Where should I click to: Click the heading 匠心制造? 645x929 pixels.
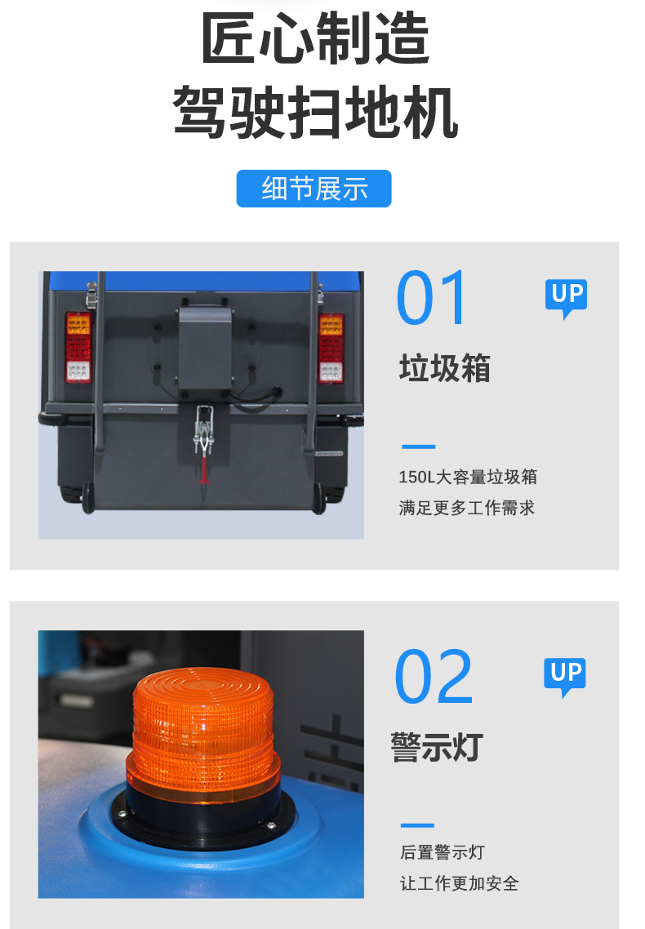pyautogui.click(x=315, y=38)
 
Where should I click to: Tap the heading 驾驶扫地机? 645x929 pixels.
pyautogui.click(x=315, y=112)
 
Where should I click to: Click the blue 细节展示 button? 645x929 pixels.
pyautogui.click(x=314, y=189)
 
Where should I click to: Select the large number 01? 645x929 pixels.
pyautogui.click(x=432, y=297)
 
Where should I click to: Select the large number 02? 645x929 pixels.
pyautogui.click(x=434, y=676)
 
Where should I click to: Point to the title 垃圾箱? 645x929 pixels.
pyautogui.click(x=445, y=368)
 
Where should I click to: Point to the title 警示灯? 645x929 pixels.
pyautogui.click(x=437, y=747)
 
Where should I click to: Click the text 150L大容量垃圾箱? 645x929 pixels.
pyautogui.click(x=468, y=477)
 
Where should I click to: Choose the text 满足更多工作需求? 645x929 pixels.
pyautogui.click(x=467, y=508)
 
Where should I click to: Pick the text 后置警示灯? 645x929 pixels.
pyautogui.click(x=443, y=852)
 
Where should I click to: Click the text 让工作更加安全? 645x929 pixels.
pyautogui.click(x=459, y=883)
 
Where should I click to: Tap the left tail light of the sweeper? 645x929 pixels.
pyautogui.click(x=78, y=347)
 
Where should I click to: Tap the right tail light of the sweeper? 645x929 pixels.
pyautogui.click(x=331, y=349)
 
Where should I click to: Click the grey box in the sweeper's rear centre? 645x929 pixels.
pyautogui.click(x=205, y=348)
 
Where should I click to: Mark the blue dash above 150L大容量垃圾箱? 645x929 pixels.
pyautogui.click(x=418, y=447)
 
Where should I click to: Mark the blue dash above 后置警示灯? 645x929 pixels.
pyautogui.click(x=417, y=825)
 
